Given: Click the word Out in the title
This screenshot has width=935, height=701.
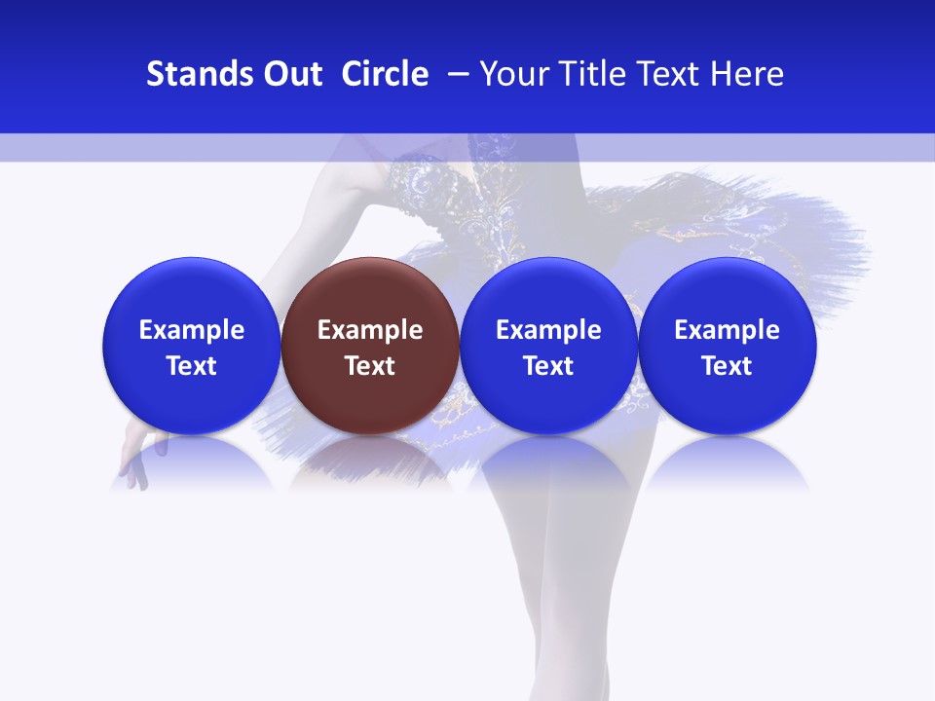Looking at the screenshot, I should pyautogui.click(x=290, y=74).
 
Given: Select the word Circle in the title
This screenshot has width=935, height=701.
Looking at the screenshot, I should pyautogui.click(x=385, y=74).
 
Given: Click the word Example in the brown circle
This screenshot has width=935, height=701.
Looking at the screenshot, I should pyautogui.click(x=370, y=330).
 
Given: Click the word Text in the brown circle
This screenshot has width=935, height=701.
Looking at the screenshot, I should pyautogui.click(x=370, y=366).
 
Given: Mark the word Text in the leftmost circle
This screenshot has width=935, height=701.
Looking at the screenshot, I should pyautogui.click(x=192, y=366).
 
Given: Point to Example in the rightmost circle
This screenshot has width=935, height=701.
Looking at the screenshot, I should pyautogui.click(x=728, y=330).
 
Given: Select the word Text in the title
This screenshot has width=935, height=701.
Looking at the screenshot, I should pyautogui.click(x=675, y=74).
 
